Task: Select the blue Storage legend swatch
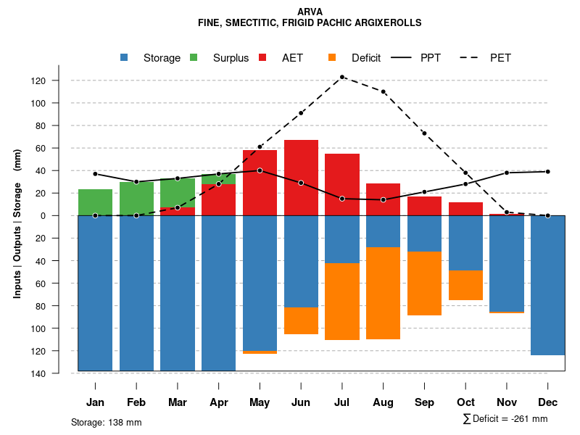[125, 57]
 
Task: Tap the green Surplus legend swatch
[194, 57]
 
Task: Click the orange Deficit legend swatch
[332, 57]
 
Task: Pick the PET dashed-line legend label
[500, 58]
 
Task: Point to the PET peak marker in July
[342, 77]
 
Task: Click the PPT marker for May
[260, 170]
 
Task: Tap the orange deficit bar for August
[383, 293]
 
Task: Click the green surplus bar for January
[95, 202]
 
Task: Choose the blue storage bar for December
[547, 285]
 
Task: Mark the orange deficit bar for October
[465, 285]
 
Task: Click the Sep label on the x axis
[424, 402]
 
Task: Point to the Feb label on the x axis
[136, 402]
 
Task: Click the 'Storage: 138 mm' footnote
[106, 422]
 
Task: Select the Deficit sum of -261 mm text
[505, 418]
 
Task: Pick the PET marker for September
[424, 133]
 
